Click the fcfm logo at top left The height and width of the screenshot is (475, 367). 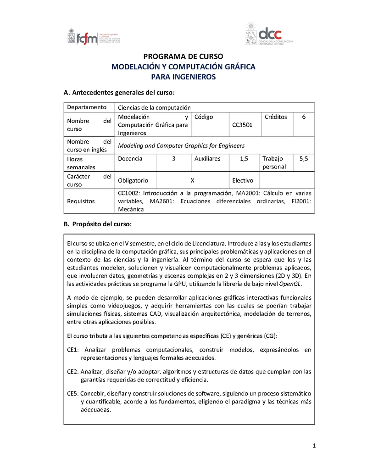(94, 37)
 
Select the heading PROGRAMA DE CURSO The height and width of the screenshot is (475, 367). (183, 57)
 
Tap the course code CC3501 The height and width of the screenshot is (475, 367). (242, 125)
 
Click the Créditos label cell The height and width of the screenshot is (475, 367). (276, 117)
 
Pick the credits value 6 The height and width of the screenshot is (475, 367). (304, 117)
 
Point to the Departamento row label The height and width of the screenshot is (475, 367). (87, 107)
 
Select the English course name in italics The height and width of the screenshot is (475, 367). (181, 145)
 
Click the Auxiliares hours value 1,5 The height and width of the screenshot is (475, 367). (244, 159)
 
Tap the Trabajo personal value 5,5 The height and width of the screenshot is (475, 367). (304, 159)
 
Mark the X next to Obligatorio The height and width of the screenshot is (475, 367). (193, 181)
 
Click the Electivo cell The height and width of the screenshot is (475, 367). (242, 181)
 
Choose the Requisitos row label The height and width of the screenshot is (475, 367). (80, 201)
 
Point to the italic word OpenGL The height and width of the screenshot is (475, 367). (292, 284)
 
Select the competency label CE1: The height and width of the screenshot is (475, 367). (73, 350)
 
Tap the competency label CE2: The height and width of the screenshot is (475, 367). (73, 372)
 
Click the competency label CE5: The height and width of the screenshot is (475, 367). (73, 394)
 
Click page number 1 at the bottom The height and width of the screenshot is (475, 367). (314, 445)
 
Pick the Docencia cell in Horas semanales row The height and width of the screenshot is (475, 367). (130, 159)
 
